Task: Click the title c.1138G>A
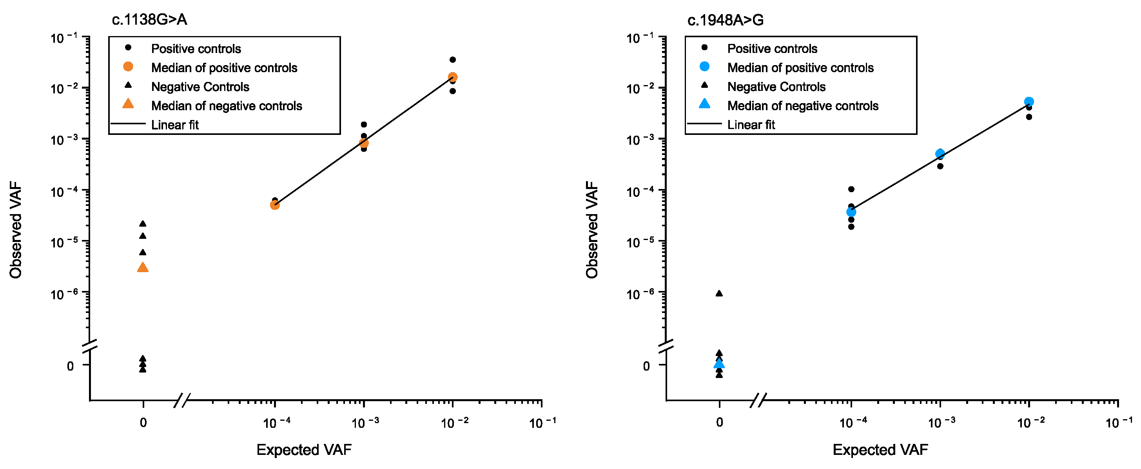coord(149,20)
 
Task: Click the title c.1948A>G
coord(725,20)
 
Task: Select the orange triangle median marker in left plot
coord(143,267)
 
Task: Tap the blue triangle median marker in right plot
coord(719,364)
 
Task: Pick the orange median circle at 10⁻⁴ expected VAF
coord(275,205)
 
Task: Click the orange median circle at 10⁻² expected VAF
coord(453,77)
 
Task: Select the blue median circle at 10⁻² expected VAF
coord(1029,102)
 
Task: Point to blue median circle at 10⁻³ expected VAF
coord(940,154)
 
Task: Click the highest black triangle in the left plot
coord(143,224)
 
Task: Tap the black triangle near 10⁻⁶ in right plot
coord(719,293)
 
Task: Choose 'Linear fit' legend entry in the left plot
coord(175,125)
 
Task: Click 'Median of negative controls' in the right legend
coord(803,106)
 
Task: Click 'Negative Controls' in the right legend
coord(776,87)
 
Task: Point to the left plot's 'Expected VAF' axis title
coord(304,449)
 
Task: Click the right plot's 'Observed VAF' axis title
coord(592,230)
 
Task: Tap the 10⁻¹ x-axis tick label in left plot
coord(542,422)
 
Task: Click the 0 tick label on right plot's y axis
coord(646,366)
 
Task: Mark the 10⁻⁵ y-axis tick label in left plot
coord(65,242)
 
